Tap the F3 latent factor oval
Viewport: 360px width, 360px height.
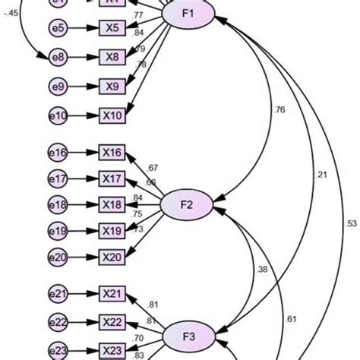[x=188, y=333]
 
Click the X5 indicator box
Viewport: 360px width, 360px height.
[x=112, y=29]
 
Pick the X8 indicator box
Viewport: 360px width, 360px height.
[x=112, y=57]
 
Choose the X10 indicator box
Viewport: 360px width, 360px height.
[x=112, y=115]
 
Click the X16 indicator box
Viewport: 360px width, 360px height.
[x=112, y=153]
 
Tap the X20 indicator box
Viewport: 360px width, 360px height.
[x=112, y=257]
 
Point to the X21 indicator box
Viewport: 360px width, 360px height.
[x=112, y=292]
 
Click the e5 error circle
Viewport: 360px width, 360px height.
[x=58, y=29]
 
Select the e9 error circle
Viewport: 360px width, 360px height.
[x=58, y=86]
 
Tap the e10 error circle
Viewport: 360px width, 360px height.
[x=58, y=115]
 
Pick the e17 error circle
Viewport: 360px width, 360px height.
[x=58, y=179]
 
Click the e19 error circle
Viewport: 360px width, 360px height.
[x=58, y=231]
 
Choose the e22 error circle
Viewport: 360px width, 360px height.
[x=58, y=321]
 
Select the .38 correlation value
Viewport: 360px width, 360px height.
[x=261, y=269]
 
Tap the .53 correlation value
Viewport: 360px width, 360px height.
[x=351, y=223]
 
